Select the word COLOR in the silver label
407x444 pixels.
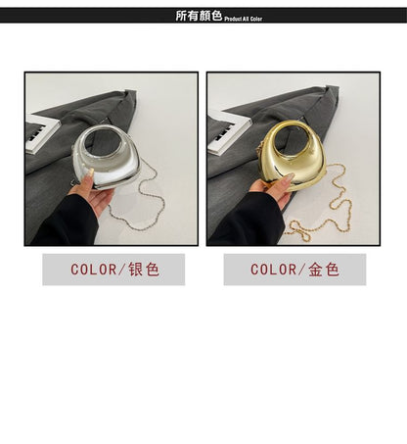point(93,270)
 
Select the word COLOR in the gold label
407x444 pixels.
point(273,270)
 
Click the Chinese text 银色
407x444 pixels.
point(144,270)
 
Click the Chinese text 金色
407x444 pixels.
point(324,270)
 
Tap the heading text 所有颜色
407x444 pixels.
point(199,16)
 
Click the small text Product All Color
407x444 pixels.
point(244,19)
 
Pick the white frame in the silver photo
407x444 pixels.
point(41,133)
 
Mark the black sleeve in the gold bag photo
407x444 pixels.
point(248,220)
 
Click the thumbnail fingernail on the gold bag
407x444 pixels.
point(289,177)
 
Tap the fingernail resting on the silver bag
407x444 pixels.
point(90,173)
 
